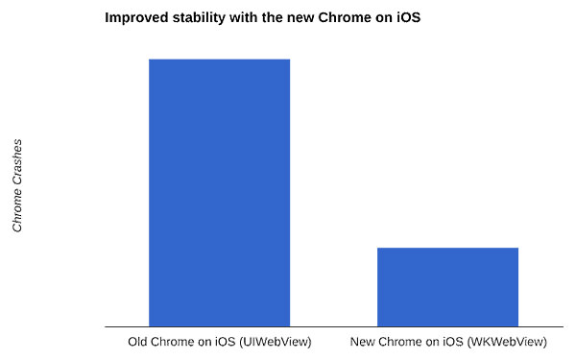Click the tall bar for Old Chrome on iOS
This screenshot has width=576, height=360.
219,192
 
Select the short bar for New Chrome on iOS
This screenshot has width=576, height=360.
447,287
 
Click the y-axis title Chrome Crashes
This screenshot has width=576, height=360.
17,185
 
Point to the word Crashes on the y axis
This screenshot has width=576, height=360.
17,163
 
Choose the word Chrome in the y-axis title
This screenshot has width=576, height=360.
17,210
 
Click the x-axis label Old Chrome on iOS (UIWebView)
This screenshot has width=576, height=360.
219,342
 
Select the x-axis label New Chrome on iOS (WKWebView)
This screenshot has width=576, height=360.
448,342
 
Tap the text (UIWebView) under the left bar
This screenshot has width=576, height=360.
276,342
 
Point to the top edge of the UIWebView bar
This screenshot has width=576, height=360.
219,60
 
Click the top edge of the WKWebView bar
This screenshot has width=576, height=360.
447,249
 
